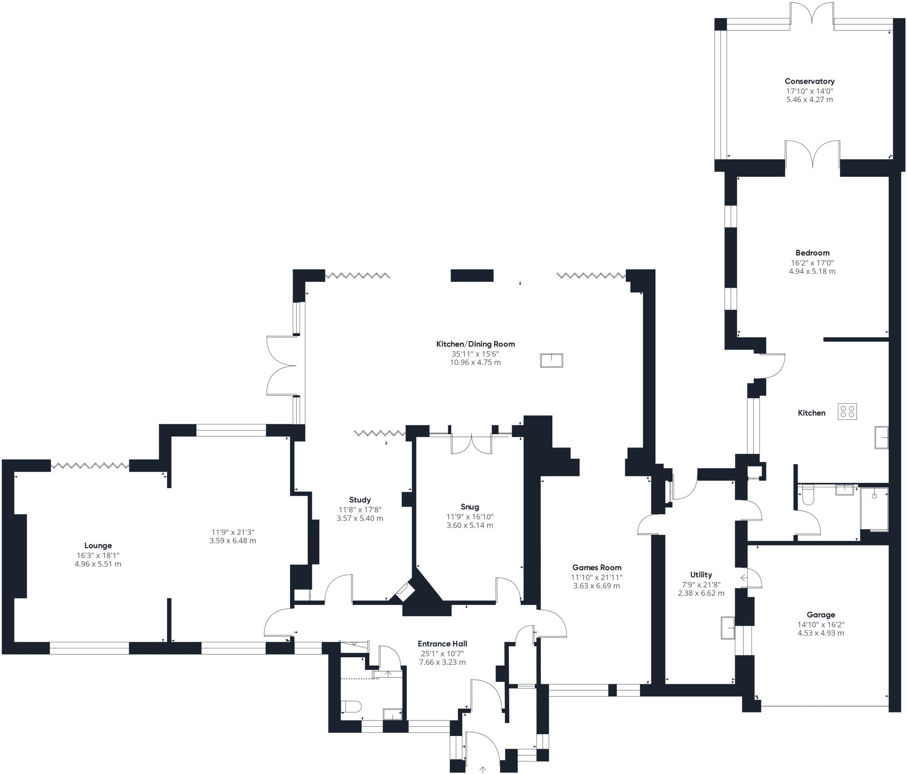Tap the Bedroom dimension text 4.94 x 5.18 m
(x=812, y=271)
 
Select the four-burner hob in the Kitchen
(x=847, y=412)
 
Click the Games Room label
(x=597, y=567)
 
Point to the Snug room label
(x=469, y=507)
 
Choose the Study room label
(x=360, y=500)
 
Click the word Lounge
(x=98, y=546)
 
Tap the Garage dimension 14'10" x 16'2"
(x=821, y=624)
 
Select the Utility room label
(x=701, y=574)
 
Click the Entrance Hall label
(x=442, y=644)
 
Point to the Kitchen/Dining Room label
(x=476, y=344)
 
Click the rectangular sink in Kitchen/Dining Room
(x=551, y=360)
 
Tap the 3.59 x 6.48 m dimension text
(x=233, y=541)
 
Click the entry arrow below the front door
(x=483, y=770)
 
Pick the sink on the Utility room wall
(x=727, y=628)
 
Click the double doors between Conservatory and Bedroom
(x=813, y=155)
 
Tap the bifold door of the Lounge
(x=90, y=465)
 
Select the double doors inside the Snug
(x=472, y=444)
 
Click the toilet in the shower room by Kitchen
(x=807, y=497)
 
